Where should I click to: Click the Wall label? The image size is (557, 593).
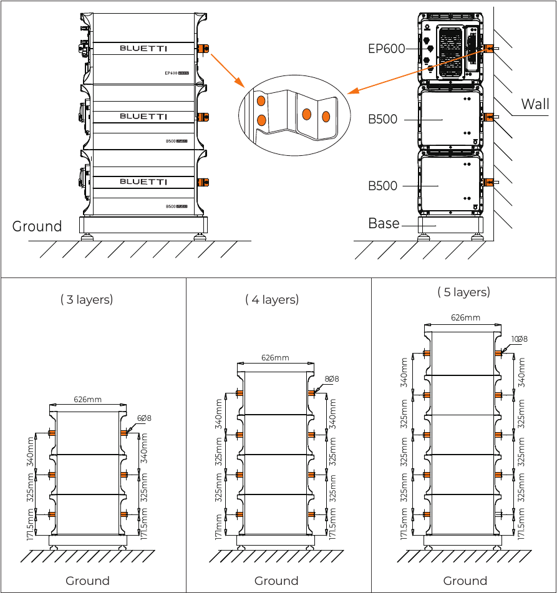coord(535,104)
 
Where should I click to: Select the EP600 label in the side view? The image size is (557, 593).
coord(387,49)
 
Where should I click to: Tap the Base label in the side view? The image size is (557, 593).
coord(384,223)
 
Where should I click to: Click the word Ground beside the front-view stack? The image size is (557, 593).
coord(37,226)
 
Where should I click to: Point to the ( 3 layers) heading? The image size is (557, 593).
coord(87,300)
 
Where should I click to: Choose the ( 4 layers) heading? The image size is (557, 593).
coord(272,300)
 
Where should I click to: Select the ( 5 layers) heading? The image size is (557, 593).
coord(463,292)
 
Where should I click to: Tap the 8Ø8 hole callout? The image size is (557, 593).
coord(331,379)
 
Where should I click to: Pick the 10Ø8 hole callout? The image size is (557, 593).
coord(519,339)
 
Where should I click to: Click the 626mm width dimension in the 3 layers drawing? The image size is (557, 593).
coord(87,400)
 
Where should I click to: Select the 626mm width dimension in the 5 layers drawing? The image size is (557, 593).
coord(465,317)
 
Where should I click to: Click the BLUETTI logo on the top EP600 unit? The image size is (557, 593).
coord(143,48)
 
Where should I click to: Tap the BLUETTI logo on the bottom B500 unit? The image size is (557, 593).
coord(143,181)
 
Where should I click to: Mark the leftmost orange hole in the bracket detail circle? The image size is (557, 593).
coord(262,100)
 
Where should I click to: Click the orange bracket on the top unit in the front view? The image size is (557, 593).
coord(203,48)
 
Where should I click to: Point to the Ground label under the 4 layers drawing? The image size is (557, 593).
coord(276,581)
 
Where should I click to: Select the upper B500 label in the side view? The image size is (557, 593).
coord(382,119)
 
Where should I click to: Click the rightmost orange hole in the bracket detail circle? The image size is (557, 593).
coord(326,116)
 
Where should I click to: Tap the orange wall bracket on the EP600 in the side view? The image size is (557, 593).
coord(488,49)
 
